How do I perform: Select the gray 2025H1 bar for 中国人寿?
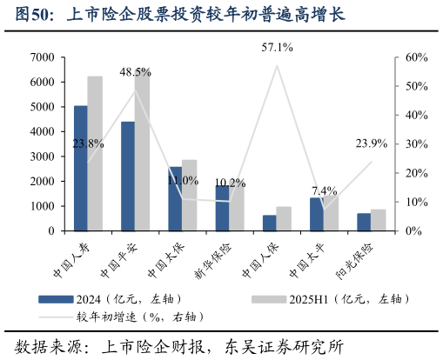95,153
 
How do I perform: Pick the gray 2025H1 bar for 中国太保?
190,196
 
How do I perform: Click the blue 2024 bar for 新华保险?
222,208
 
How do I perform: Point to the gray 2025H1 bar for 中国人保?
284,219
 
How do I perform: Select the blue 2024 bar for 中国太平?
316,214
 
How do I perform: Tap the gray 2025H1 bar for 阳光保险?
379,220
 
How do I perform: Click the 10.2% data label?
230,183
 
